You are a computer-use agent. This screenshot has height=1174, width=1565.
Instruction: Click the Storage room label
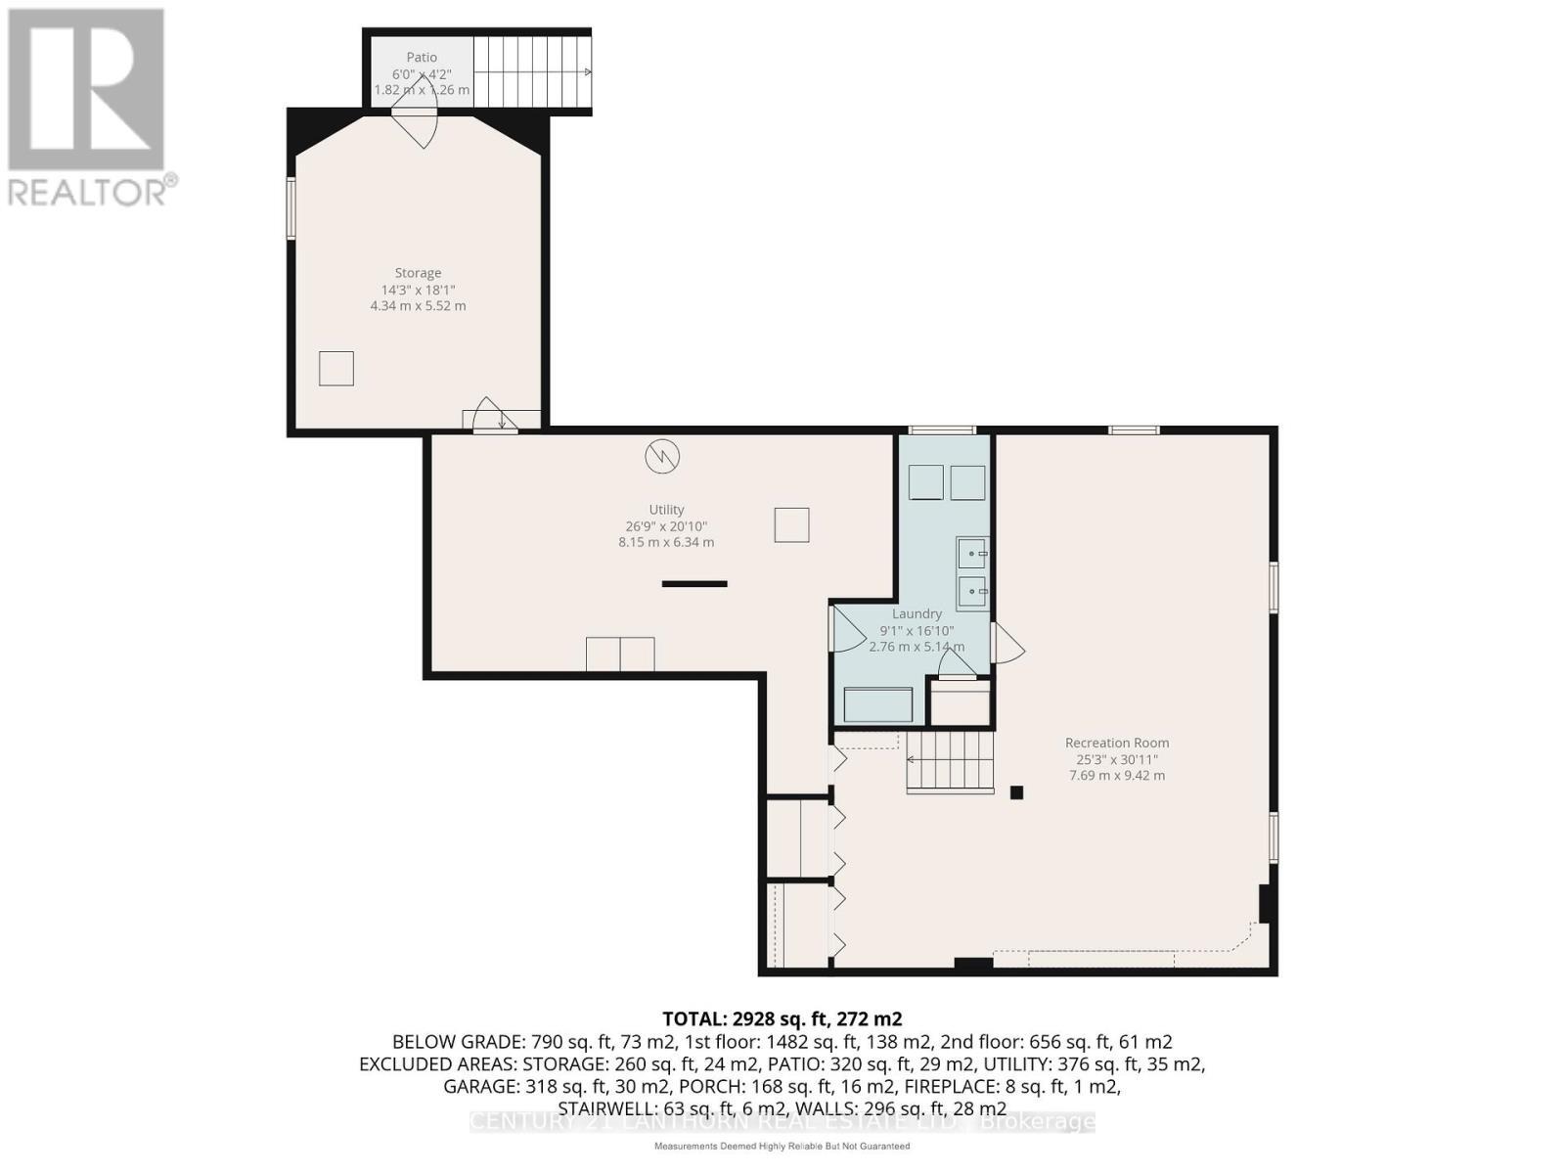point(418,273)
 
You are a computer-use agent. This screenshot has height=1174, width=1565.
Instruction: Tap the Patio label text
point(422,58)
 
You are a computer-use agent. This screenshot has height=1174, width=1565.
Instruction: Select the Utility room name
point(666,510)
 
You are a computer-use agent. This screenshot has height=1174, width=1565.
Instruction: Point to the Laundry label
point(917,614)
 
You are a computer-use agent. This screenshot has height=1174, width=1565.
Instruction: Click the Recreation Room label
point(1117,743)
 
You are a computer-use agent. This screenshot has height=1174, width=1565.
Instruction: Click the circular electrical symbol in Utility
point(662,456)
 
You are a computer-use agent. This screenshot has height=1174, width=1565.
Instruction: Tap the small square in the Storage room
point(335,369)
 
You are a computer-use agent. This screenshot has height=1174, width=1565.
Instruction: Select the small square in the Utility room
point(791,524)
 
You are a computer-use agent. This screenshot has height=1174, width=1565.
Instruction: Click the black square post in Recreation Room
point(1016,793)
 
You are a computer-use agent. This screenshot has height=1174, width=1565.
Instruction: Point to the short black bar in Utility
point(694,584)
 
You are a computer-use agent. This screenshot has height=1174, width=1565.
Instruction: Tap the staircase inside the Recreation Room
point(950,761)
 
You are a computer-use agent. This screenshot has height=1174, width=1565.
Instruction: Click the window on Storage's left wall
point(291,207)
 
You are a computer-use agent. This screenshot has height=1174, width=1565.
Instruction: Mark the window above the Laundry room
point(941,429)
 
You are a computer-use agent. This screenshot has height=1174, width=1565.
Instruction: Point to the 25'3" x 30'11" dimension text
point(1116,759)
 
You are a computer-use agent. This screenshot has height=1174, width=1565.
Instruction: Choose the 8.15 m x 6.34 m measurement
point(666,542)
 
